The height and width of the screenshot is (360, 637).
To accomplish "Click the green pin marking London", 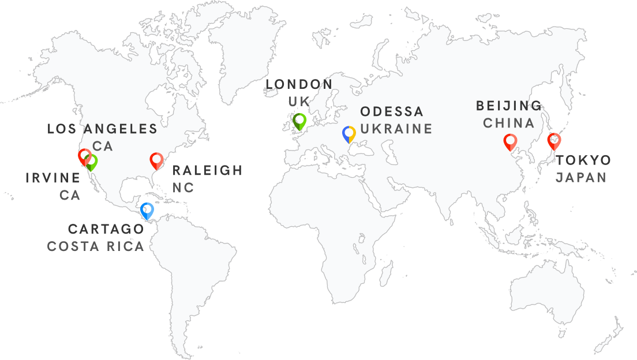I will [299, 121].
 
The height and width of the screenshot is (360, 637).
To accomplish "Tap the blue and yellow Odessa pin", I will [349, 134].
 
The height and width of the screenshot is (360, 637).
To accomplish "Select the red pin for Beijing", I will [510, 141].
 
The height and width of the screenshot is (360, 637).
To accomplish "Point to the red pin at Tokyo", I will [554, 141].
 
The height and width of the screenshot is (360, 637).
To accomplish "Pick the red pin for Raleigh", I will [156, 161].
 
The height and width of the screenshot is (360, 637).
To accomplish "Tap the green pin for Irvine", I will [92, 162].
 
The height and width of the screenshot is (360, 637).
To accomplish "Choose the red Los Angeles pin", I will [84, 157].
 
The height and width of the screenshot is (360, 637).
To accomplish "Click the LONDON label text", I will [299, 85].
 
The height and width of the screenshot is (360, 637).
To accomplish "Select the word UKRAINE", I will [396, 129].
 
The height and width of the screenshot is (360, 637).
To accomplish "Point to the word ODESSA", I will [392, 111].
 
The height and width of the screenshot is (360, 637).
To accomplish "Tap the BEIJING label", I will [509, 106].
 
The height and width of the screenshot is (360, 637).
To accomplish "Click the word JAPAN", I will [581, 177].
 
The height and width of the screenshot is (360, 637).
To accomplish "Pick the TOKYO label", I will [583, 160].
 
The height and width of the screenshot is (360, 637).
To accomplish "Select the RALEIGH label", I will [208, 170].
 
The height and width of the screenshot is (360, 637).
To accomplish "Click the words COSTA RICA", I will [95, 246].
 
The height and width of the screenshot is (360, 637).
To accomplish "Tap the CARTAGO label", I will [106, 229].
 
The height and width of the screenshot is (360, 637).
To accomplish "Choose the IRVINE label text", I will [53, 178].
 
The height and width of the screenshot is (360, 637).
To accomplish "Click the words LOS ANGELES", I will [102, 129].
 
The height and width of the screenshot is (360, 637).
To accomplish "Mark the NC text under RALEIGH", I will [183, 187].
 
